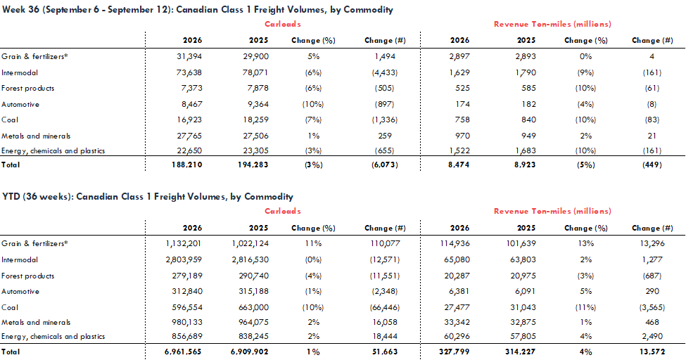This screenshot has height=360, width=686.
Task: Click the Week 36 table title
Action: (197, 10)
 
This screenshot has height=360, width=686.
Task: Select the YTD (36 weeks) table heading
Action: (148, 197)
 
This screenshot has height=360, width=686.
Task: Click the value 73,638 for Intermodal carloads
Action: (189, 72)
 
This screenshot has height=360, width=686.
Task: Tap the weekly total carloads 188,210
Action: (187, 165)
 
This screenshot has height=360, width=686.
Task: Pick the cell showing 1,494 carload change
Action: (385, 56)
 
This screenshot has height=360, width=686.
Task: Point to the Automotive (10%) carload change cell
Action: (313, 105)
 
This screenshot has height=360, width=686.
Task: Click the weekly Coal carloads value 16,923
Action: (189, 120)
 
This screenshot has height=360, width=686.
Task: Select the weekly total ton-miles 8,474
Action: (459, 165)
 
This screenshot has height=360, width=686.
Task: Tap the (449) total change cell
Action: (652, 165)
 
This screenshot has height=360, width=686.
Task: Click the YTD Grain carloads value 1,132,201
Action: (184, 244)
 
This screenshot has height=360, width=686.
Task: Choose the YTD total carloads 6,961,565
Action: (184, 352)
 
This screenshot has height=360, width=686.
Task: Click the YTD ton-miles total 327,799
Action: (455, 352)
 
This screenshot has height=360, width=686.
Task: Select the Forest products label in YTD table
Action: (28, 276)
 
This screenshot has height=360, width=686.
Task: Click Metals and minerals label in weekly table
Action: (36, 136)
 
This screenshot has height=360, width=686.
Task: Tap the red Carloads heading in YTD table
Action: (283, 211)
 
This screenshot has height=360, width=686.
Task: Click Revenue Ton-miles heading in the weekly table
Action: (552, 24)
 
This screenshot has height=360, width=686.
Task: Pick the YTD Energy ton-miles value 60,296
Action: (457, 336)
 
